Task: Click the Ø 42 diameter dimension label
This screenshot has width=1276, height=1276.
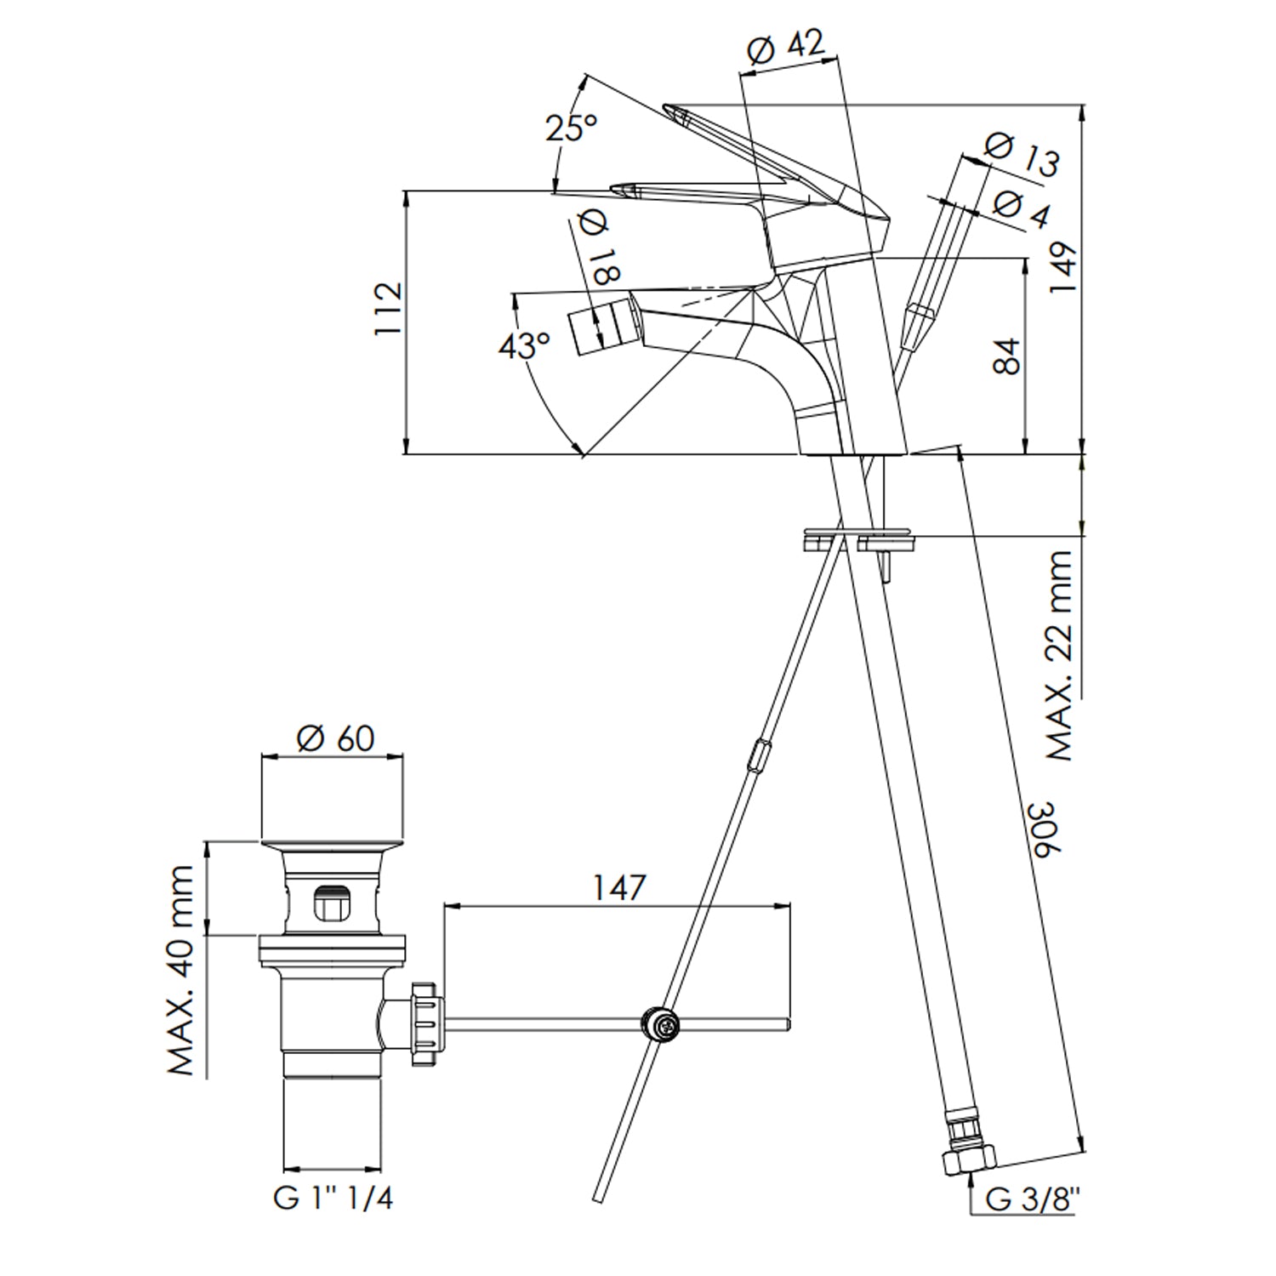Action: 785,48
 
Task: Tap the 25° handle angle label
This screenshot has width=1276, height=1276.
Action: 571,128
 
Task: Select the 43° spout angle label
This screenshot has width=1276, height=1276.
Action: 524,345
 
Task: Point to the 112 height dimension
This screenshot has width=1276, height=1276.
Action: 388,309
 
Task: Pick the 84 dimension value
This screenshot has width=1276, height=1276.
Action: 1006,356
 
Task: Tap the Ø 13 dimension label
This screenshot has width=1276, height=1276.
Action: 1022,155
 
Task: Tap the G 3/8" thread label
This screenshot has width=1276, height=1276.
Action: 1032,1199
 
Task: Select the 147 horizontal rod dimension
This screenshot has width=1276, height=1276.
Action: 618,887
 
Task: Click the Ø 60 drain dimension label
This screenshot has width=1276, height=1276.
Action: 335,738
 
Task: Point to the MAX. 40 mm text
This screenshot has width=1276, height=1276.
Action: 181,970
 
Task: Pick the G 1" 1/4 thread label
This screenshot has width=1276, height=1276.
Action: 333,1198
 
